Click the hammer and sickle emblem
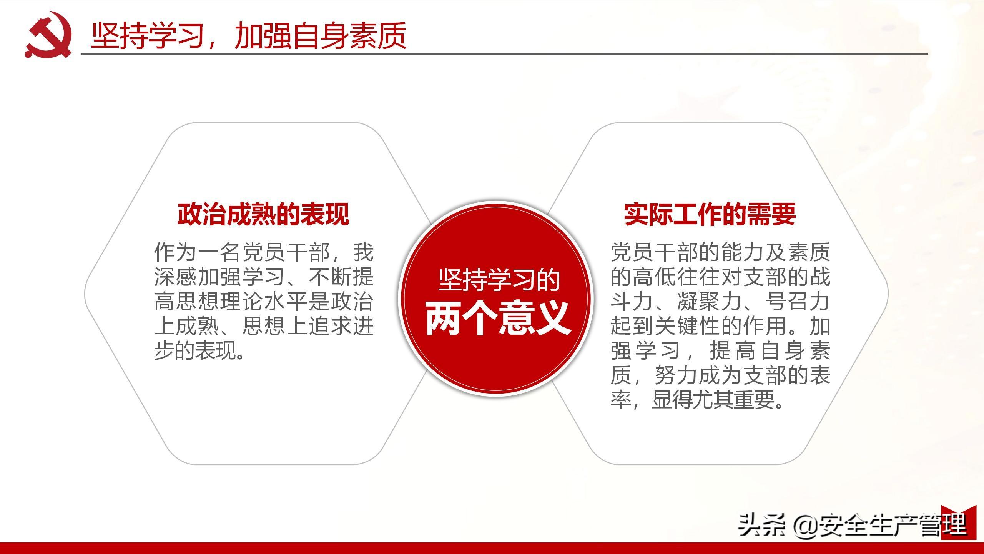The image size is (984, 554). pyautogui.click(x=48, y=35)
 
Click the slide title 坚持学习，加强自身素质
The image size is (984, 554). pyautogui.click(x=249, y=36)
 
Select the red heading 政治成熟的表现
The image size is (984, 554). pyautogui.click(x=263, y=214)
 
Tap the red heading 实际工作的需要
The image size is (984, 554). pyautogui.click(x=710, y=214)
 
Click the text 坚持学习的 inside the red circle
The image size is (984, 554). pyautogui.click(x=499, y=280)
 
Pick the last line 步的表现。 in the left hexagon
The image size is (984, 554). pyautogui.click(x=200, y=350)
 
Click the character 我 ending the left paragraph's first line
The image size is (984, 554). pyautogui.click(x=363, y=252)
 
